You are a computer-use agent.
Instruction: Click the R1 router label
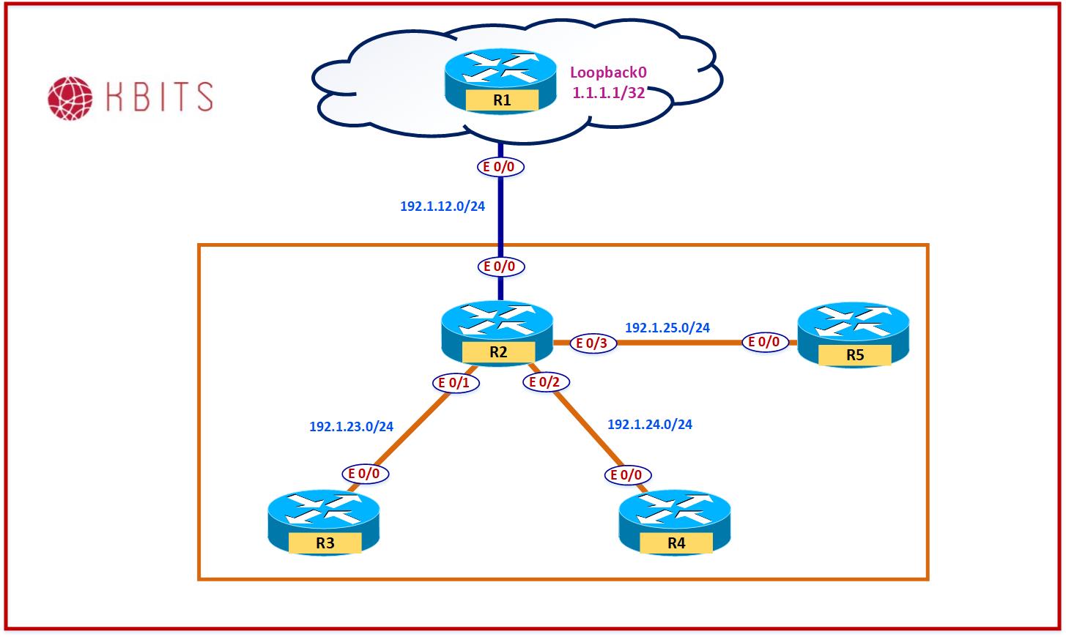coord(502,100)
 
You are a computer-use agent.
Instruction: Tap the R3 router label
coord(325,543)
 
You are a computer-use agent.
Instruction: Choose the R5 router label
coord(855,355)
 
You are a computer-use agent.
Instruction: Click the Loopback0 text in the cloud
coord(608,72)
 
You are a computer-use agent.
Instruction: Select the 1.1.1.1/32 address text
coord(608,93)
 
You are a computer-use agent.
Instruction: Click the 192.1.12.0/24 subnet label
coord(443,206)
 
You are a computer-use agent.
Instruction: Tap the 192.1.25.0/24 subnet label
coord(667,328)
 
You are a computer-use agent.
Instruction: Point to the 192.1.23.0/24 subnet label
coord(351,426)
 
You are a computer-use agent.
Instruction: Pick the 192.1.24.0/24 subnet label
coord(650,424)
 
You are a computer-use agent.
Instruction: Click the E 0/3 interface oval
coord(593,343)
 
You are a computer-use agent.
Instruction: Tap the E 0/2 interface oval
coord(545,382)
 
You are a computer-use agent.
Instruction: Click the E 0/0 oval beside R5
coord(765,342)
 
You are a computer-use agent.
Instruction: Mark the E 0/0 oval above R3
coord(365,474)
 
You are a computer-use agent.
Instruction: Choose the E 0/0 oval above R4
coord(627,475)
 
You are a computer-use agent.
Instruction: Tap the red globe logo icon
coord(70,97)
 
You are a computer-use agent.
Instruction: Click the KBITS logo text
coord(160,97)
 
